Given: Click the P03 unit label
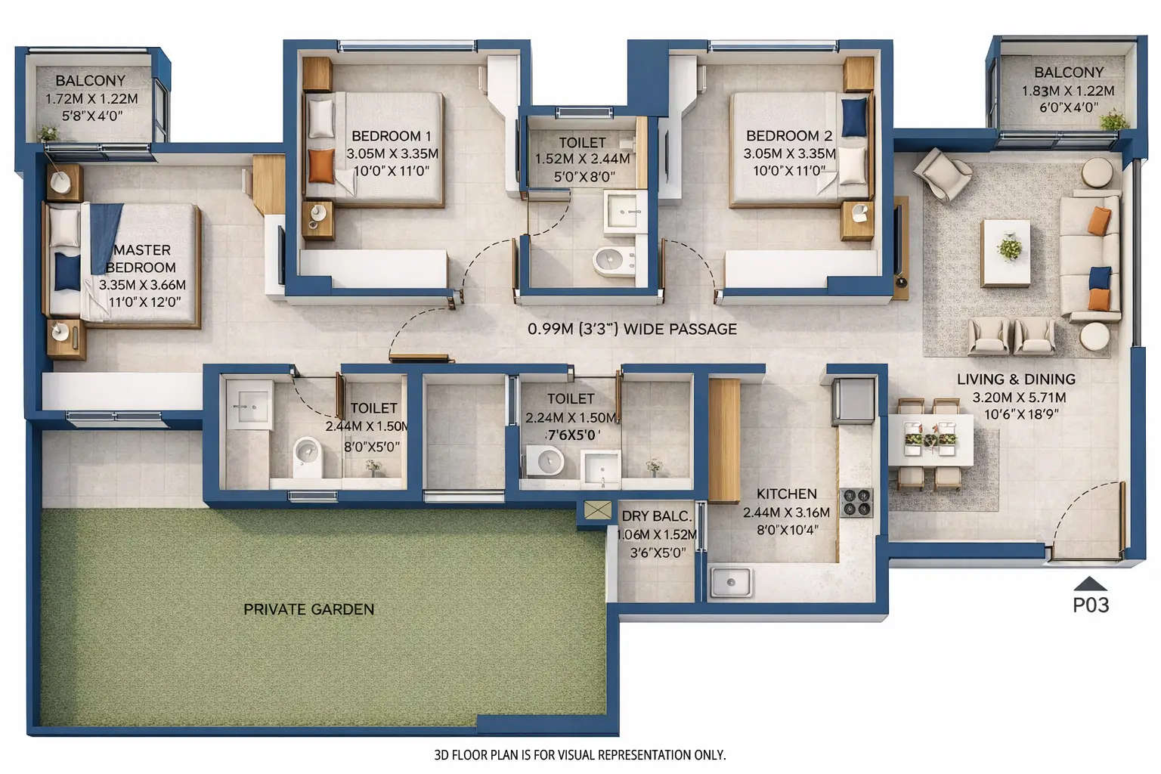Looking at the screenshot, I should coord(1091,605).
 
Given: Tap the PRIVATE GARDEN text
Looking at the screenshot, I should coord(308,609).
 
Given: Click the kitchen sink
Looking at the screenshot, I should coord(730,582).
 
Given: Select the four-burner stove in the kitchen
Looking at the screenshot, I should coord(856,503).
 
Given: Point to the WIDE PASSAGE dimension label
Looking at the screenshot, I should coord(632,330).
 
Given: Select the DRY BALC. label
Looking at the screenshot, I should coord(656,516).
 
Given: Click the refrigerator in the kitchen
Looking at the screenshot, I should coord(853,401).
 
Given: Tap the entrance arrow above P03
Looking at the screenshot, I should coord(1090,584).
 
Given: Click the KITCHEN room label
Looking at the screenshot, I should coord(786,494).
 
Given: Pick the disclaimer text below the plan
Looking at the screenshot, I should coord(580,754).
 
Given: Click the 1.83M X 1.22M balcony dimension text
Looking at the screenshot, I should coord(1068,91).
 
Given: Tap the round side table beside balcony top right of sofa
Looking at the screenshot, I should coord(1096,172).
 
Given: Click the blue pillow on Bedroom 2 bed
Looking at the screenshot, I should coord(854,116).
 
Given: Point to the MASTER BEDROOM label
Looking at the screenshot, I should coord(141,259).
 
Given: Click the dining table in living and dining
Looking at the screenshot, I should coord(930,438).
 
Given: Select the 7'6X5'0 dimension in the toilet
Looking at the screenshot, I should coord(573,435).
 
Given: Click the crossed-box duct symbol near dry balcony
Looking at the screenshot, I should coord(597,512).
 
